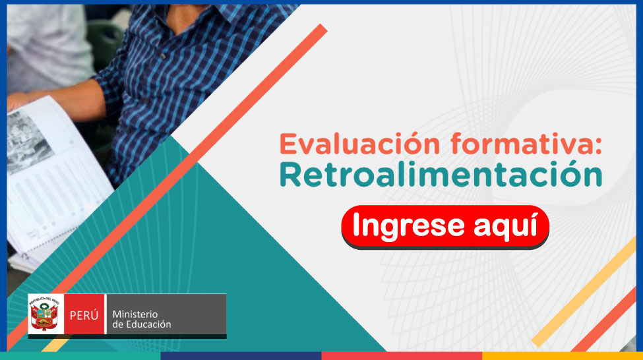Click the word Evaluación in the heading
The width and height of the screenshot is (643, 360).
(x=359, y=144)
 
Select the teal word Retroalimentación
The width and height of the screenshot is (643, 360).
(x=441, y=175)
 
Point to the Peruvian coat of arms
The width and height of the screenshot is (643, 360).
(x=44, y=314)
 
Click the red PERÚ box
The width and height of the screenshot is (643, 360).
(x=84, y=315)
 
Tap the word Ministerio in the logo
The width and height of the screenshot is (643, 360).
(x=135, y=314)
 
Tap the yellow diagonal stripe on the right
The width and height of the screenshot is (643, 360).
(x=584, y=292)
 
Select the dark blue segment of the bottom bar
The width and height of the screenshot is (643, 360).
(x=241, y=356)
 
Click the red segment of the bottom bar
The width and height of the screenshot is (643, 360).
(x=402, y=356)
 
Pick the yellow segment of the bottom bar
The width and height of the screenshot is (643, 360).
(x=563, y=356)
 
